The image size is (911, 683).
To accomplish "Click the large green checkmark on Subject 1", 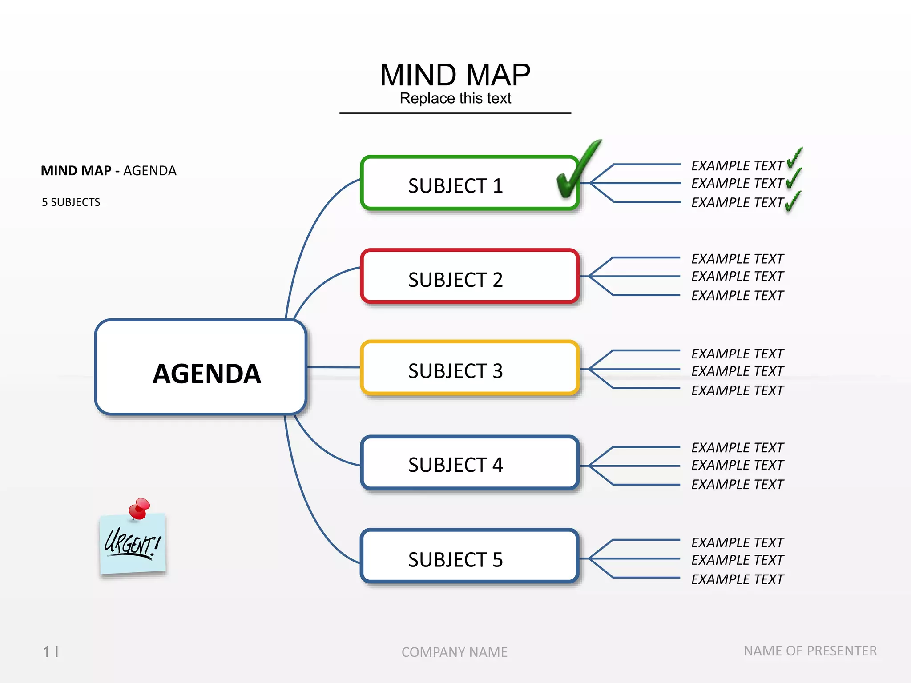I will [576, 171].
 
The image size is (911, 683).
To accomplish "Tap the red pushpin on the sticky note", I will [140, 508].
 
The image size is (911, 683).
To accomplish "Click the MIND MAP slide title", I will [455, 75].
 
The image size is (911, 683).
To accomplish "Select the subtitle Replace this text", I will [455, 98].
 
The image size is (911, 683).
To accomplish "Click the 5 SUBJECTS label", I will [71, 202].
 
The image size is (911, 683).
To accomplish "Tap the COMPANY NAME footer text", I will [454, 652].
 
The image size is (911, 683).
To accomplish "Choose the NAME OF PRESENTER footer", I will [810, 651].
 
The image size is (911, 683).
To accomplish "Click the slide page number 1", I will [46, 652].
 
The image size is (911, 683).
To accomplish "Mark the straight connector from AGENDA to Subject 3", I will [334, 367].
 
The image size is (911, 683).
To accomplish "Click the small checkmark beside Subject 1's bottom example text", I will [792, 203].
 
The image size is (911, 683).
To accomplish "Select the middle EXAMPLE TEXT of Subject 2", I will [737, 276].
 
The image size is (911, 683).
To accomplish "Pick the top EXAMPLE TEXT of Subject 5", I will [737, 542].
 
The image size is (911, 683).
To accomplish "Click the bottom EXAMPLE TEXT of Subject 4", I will [737, 484].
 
